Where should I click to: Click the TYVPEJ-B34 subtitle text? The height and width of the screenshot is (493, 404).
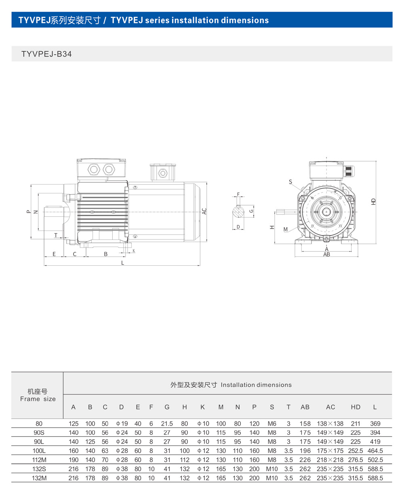tap(46, 54)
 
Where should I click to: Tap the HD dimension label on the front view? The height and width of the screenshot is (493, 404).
tap(373, 201)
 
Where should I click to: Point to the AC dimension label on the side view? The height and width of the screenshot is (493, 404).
tap(204, 211)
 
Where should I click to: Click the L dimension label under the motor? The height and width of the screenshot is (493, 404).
tap(122, 263)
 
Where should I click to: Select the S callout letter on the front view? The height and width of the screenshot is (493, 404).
tap(290, 182)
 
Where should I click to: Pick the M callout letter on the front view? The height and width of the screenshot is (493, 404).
tap(285, 229)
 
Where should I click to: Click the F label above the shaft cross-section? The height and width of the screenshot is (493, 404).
tap(238, 194)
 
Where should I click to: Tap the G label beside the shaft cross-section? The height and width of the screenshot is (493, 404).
tap(251, 211)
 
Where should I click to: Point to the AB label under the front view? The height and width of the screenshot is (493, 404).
tap(326, 254)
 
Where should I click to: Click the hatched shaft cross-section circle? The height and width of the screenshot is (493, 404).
tap(238, 212)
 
